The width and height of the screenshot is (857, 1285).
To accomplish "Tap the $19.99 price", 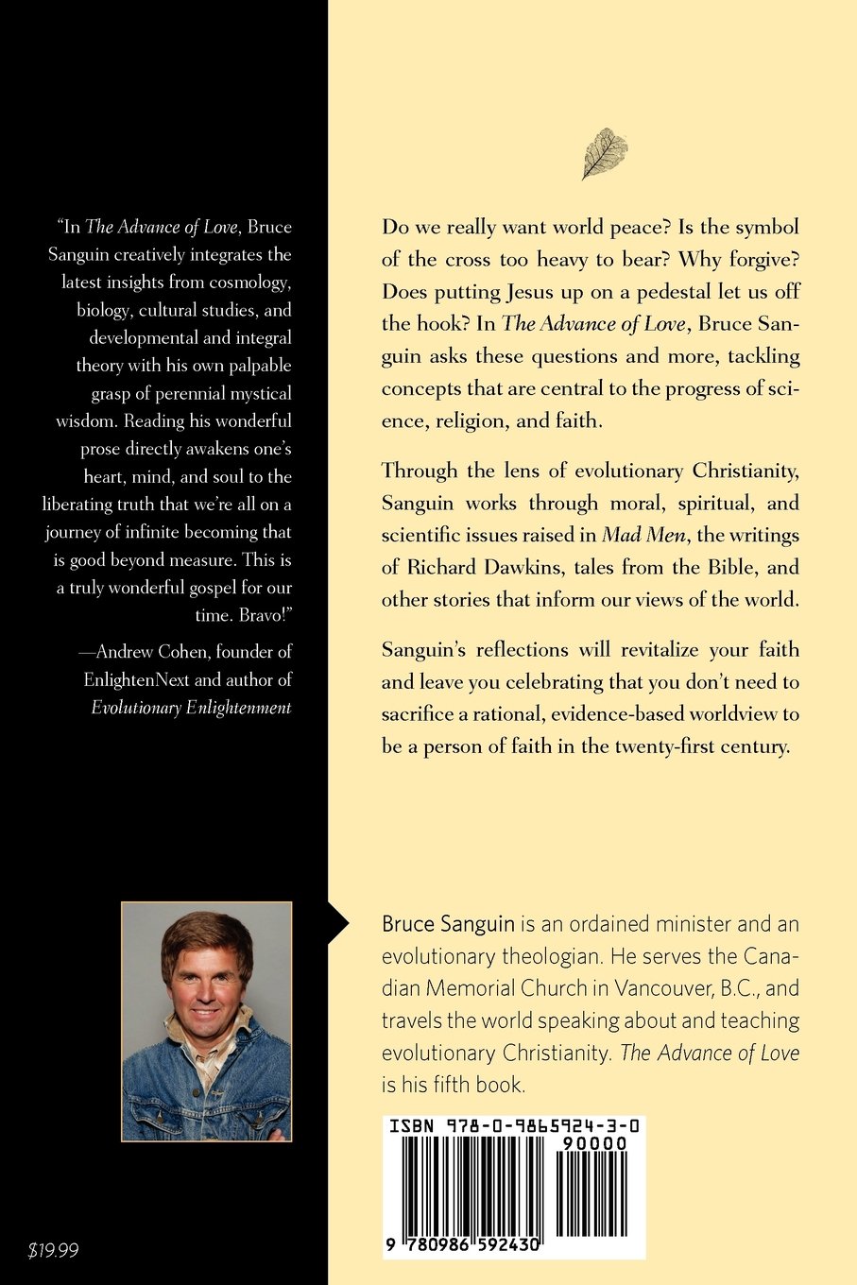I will pyautogui.click(x=54, y=1251).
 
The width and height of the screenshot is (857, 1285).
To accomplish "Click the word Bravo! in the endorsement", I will pyautogui.click(x=265, y=615).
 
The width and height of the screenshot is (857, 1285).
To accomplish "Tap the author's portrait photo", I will pyautogui.click(x=207, y=1021).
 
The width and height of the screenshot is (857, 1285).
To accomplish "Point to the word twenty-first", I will pyautogui.click(x=665, y=745).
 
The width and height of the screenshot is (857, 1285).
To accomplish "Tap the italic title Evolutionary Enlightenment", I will pyautogui.click(x=191, y=708).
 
